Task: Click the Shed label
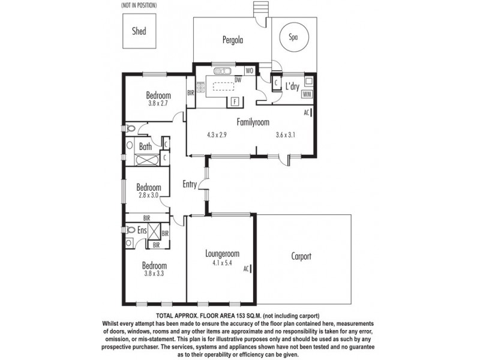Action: click(139, 31)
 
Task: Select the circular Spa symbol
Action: click(293, 36)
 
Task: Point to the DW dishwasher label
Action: click(238, 80)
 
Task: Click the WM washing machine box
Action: click(307, 94)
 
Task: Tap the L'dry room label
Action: click(292, 87)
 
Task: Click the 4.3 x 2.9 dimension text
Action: click(216, 134)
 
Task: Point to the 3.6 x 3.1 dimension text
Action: click(286, 134)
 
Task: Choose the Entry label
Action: click(190, 184)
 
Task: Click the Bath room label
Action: click(145, 146)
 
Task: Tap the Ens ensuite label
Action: click(142, 230)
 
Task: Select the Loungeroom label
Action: click(222, 253)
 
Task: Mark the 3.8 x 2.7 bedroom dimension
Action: click(159, 103)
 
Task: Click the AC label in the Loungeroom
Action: click(246, 269)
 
